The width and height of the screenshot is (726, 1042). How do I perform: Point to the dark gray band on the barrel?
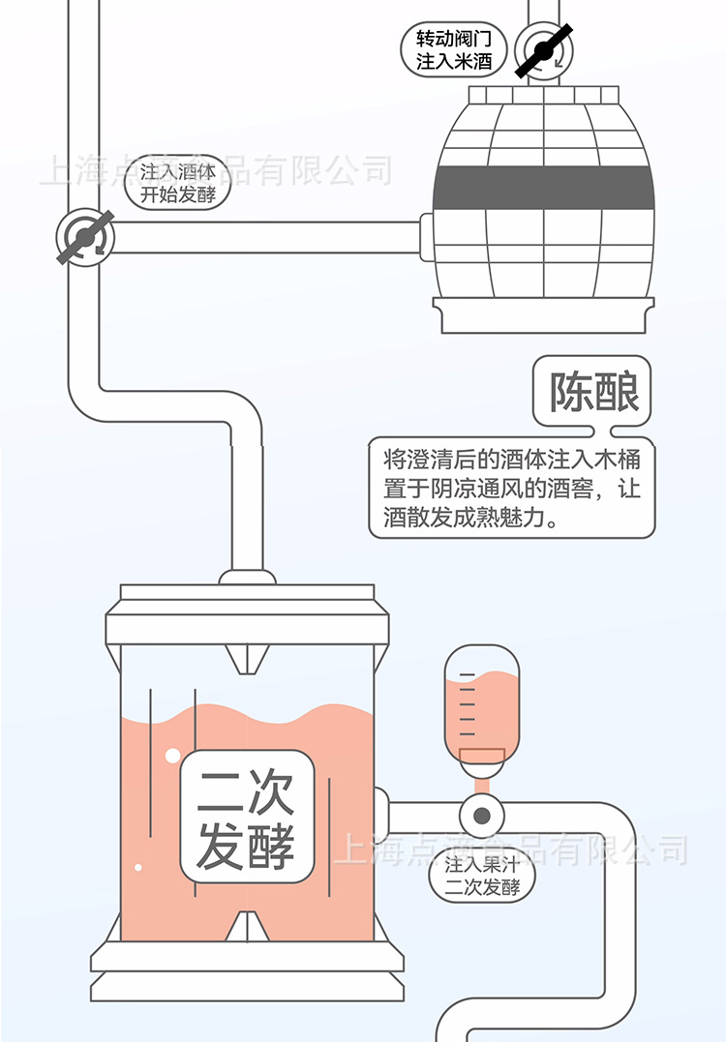(542, 188)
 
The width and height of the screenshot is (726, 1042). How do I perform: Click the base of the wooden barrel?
(542, 315)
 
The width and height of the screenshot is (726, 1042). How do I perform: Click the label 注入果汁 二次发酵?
(482, 876)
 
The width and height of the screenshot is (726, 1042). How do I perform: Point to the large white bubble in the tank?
(172, 756)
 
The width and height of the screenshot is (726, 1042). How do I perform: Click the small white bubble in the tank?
(138, 867)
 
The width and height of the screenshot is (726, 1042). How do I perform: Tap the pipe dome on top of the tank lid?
(247, 578)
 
